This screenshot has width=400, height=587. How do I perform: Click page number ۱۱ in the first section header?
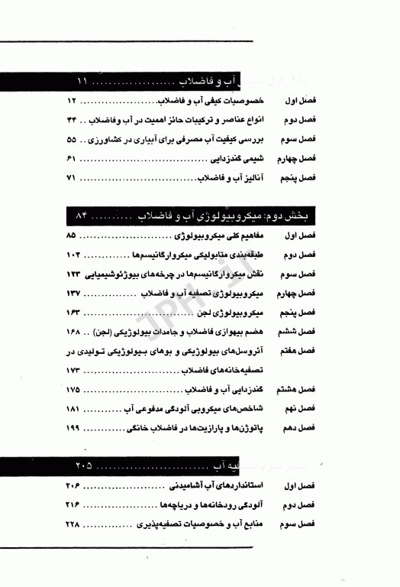tap(85, 80)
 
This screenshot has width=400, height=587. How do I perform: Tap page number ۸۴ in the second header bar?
tap(85, 212)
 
